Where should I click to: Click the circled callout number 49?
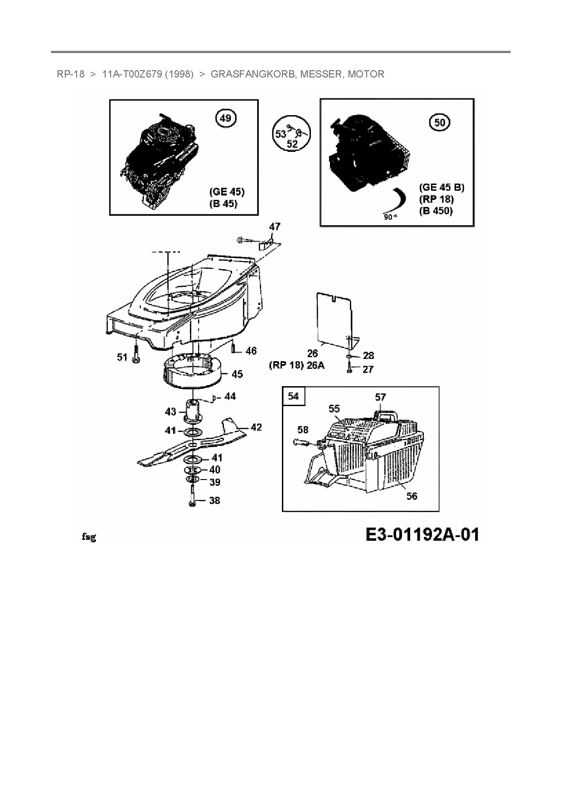pyautogui.click(x=225, y=119)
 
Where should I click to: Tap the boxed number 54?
pyautogui.click(x=293, y=396)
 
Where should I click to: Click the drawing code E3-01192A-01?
pyautogui.click(x=422, y=535)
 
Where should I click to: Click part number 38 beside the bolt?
pyautogui.click(x=214, y=500)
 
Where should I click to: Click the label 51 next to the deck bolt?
pyautogui.click(x=122, y=358)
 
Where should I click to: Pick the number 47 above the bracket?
pyautogui.click(x=275, y=226)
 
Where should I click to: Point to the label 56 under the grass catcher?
pyautogui.click(x=412, y=496)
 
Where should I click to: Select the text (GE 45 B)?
pyautogui.click(x=441, y=187)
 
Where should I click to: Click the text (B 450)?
pyautogui.click(x=436, y=211)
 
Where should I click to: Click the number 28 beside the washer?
pyautogui.click(x=368, y=356)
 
